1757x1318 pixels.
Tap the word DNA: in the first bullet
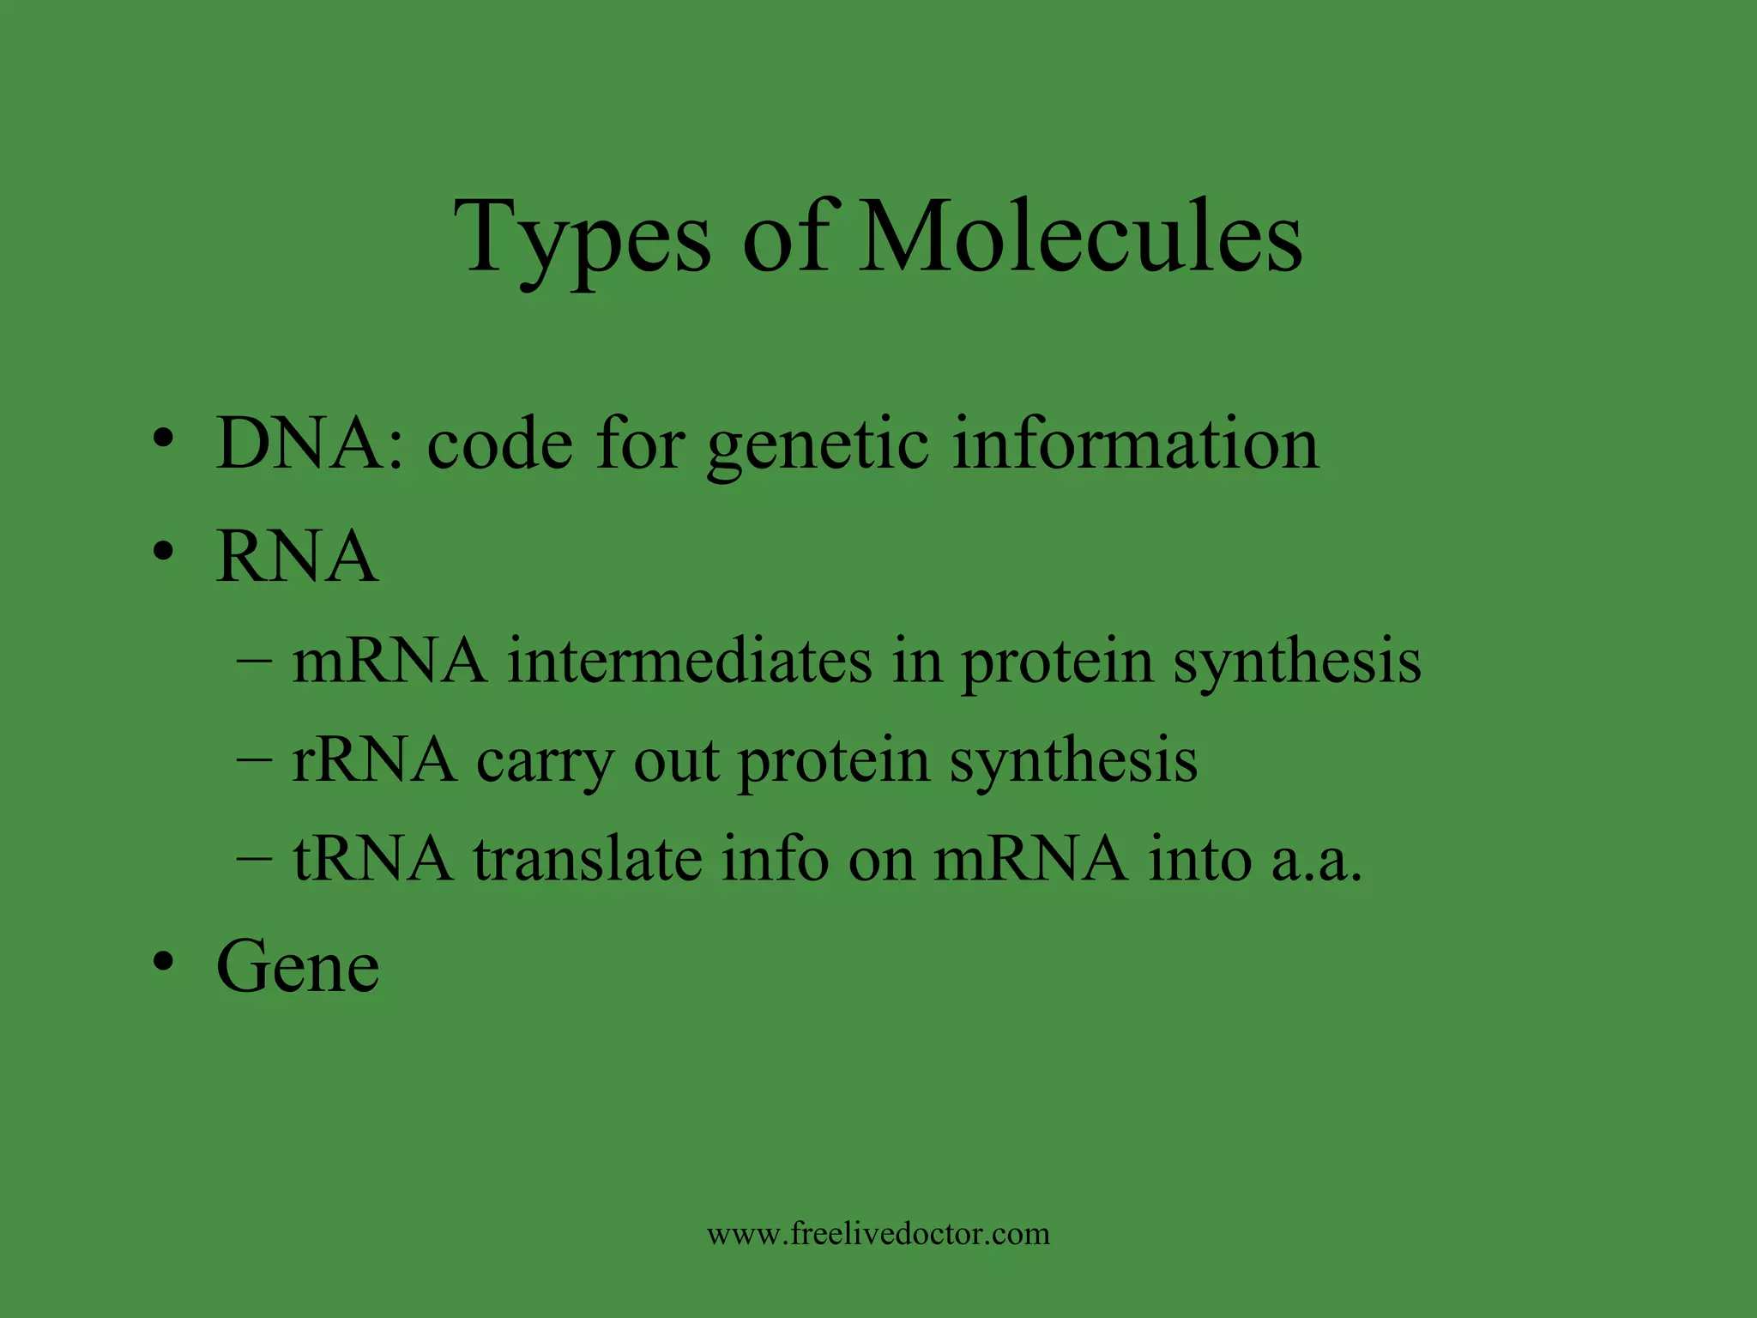(310, 444)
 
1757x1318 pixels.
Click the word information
(1135, 444)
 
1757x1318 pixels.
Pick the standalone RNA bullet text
(297, 557)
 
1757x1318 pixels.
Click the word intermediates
(689, 662)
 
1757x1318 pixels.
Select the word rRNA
(374, 760)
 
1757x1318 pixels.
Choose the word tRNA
(372, 859)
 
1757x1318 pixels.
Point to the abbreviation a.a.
(1316, 861)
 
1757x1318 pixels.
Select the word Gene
(298, 967)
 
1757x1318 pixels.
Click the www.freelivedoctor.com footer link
(878, 1234)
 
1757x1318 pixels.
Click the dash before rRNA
(254, 762)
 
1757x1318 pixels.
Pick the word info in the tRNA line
(775, 859)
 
